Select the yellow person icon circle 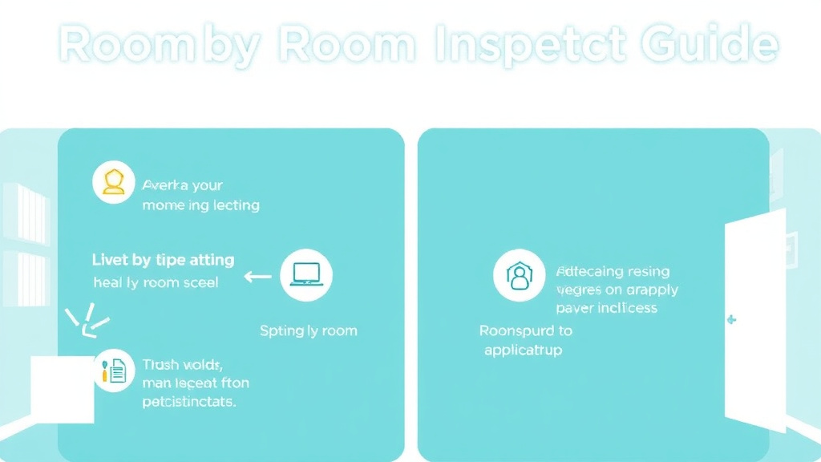[x=114, y=183]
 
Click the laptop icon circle [x=305, y=275]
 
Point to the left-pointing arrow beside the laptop [x=257, y=277]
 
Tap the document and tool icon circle [x=114, y=371]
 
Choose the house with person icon [x=518, y=275]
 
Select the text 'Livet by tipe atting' [x=163, y=260]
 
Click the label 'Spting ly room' [x=308, y=330]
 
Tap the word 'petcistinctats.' [x=188, y=401]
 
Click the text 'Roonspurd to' [x=526, y=330]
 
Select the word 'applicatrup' [x=524, y=350]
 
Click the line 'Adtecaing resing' [x=613, y=271]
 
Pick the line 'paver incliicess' [x=606, y=308]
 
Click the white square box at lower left [x=63, y=389]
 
